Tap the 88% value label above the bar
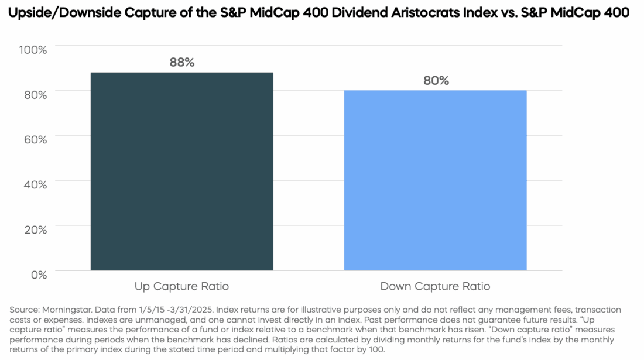click(x=181, y=62)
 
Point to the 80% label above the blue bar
click(x=436, y=81)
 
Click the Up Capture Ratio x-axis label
click(x=181, y=287)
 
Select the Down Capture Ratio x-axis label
click(x=435, y=287)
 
